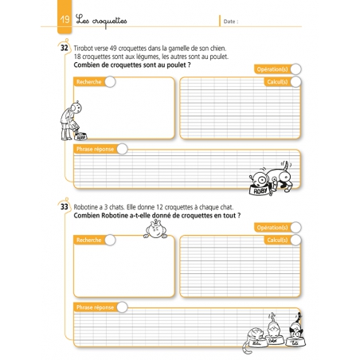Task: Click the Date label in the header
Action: pos(230,21)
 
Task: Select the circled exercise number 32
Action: pos(64,48)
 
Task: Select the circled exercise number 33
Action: pos(64,207)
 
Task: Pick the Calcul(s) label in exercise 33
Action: pos(276,240)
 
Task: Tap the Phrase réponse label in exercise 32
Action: pos(94,149)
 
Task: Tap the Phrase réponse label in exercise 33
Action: pos(94,307)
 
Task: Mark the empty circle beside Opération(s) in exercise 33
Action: pos(295,228)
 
